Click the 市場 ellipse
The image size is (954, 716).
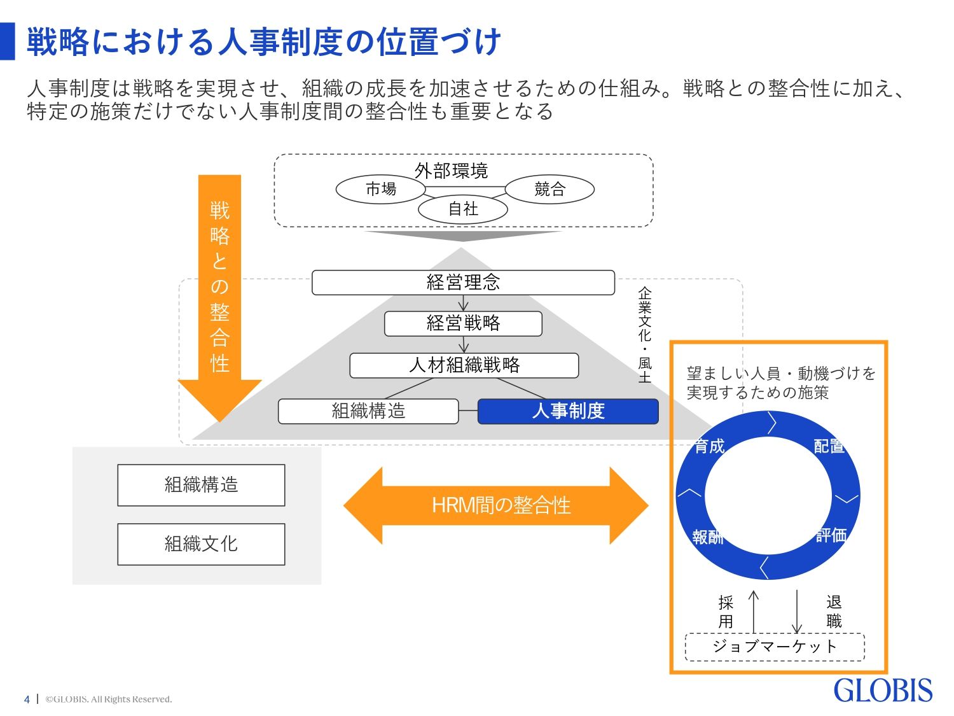tap(380, 189)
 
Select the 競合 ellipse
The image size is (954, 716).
tap(550, 189)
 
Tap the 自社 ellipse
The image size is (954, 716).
tap(463, 209)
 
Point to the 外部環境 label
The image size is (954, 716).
tap(451, 171)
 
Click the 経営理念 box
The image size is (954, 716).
tap(463, 283)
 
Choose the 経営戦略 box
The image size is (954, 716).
tap(463, 323)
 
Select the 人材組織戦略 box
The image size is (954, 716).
tap(464, 365)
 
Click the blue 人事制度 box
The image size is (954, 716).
tap(568, 411)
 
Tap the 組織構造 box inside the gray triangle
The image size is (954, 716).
tap(368, 411)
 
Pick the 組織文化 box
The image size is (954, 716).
tap(201, 544)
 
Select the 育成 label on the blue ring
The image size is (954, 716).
tap(709, 446)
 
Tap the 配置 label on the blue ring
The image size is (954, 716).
tap(829, 446)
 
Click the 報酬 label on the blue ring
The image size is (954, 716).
tap(708, 537)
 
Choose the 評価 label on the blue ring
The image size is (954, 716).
tap(831, 535)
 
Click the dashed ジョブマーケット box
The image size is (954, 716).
tap(775, 647)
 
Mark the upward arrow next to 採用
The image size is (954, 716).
tap(754, 611)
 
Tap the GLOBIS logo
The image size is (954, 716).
tap(883, 691)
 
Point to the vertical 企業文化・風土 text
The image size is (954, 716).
tap(645, 334)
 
